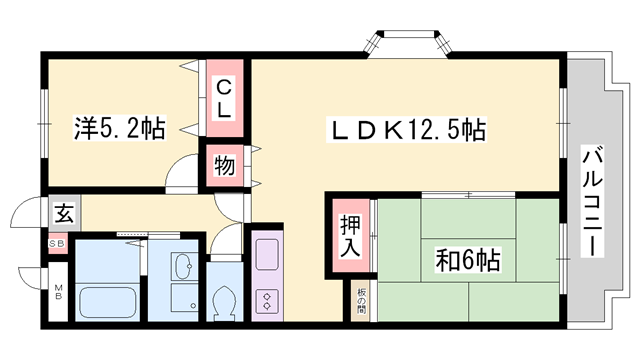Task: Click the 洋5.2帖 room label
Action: [120, 128]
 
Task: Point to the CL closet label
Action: [227, 98]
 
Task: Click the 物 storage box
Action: [226, 166]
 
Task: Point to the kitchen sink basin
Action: [267, 256]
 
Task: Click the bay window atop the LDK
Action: [408, 45]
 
